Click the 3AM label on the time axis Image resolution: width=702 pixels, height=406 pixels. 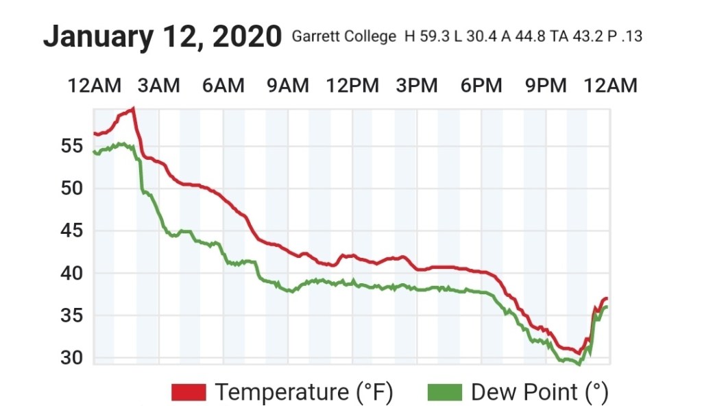(x=158, y=86)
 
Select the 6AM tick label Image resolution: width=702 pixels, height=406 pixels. (x=223, y=86)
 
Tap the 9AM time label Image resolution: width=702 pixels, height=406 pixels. (x=288, y=86)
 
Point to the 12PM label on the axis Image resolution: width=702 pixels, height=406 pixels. (x=352, y=86)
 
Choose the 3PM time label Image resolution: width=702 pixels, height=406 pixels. (x=417, y=86)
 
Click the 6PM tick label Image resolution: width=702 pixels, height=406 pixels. (x=481, y=86)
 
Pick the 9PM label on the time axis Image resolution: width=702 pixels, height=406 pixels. (x=546, y=86)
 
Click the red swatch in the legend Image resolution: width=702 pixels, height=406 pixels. (x=189, y=392)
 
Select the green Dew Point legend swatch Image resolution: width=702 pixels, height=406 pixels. (x=444, y=392)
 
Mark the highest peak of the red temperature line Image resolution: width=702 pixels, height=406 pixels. (x=133, y=108)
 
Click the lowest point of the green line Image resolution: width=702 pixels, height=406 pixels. (x=578, y=364)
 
